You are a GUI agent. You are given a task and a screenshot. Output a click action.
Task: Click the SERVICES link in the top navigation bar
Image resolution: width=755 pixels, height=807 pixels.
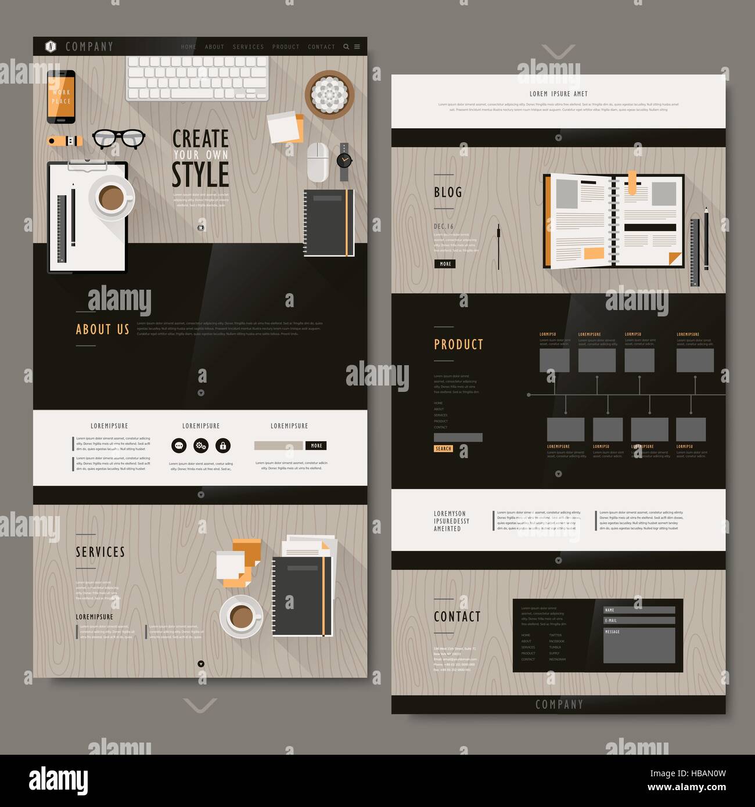coord(248,47)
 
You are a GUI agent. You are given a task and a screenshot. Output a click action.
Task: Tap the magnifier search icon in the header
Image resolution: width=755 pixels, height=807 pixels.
coord(346,47)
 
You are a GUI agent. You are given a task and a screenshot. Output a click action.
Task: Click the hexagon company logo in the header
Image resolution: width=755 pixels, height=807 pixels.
coord(51,46)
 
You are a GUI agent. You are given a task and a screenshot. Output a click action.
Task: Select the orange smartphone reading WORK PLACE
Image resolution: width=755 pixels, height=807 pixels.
coord(61,96)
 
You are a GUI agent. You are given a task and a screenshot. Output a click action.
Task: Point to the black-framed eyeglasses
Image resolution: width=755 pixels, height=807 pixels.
coord(118,138)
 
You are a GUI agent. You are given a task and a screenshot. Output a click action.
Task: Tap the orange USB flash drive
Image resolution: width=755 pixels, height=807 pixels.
coord(65,140)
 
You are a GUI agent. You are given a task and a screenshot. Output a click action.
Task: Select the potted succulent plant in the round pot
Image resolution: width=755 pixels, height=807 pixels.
coord(329,93)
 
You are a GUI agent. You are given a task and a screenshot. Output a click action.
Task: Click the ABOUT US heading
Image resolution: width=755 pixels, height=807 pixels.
coord(102,330)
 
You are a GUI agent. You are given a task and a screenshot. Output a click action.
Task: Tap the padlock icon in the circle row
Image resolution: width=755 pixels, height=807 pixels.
coord(222,446)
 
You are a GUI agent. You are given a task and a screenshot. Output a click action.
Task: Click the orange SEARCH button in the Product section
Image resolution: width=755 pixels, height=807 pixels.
coord(443,449)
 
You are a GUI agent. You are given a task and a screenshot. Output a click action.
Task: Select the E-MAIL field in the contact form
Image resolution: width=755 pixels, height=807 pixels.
coord(639,620)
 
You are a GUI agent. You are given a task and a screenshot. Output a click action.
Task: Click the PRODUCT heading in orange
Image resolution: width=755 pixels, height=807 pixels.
coord(458,345)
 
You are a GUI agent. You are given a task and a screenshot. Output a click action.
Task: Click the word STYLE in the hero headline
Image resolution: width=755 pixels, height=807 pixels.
coord(200,174)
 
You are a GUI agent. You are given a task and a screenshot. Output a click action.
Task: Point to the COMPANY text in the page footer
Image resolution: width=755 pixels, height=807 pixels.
coord(559,705)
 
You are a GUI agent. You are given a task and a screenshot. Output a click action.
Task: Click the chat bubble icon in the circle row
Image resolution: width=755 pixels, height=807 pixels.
coord(179,446)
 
